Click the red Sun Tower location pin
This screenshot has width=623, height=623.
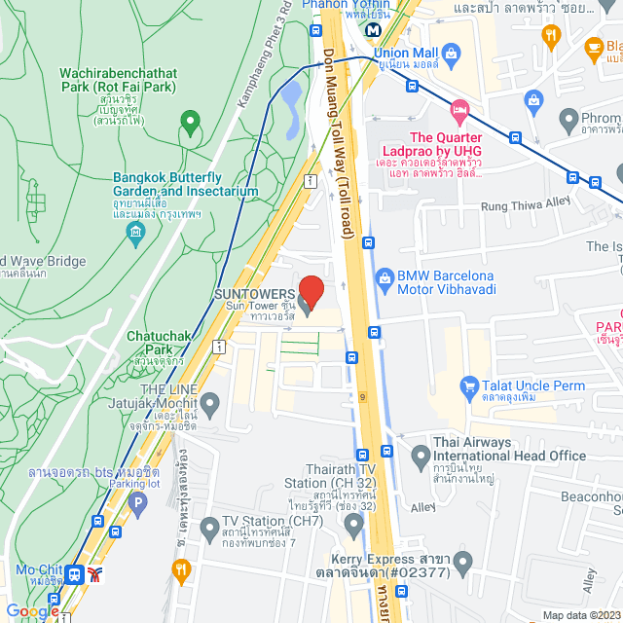click(x=311, y=291)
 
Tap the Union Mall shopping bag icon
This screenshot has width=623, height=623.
click(x=450, y=53)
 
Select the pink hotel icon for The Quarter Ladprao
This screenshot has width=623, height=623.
click(x=459, y=108)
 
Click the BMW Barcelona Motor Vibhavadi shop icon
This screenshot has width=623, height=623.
click(x=386, y=277)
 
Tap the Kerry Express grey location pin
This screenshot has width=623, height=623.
click(x=462, y=562)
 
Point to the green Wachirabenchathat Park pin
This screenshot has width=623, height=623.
click(x=190, y=124)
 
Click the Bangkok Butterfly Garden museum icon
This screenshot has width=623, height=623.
click(x=135, y=231)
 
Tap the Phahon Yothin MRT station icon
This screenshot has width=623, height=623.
click(x=374, y=29)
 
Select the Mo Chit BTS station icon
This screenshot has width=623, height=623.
click(x=75, y=574)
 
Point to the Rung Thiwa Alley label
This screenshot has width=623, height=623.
click(x=527, y=206)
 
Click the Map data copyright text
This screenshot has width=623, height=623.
click(x=578, y=615)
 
